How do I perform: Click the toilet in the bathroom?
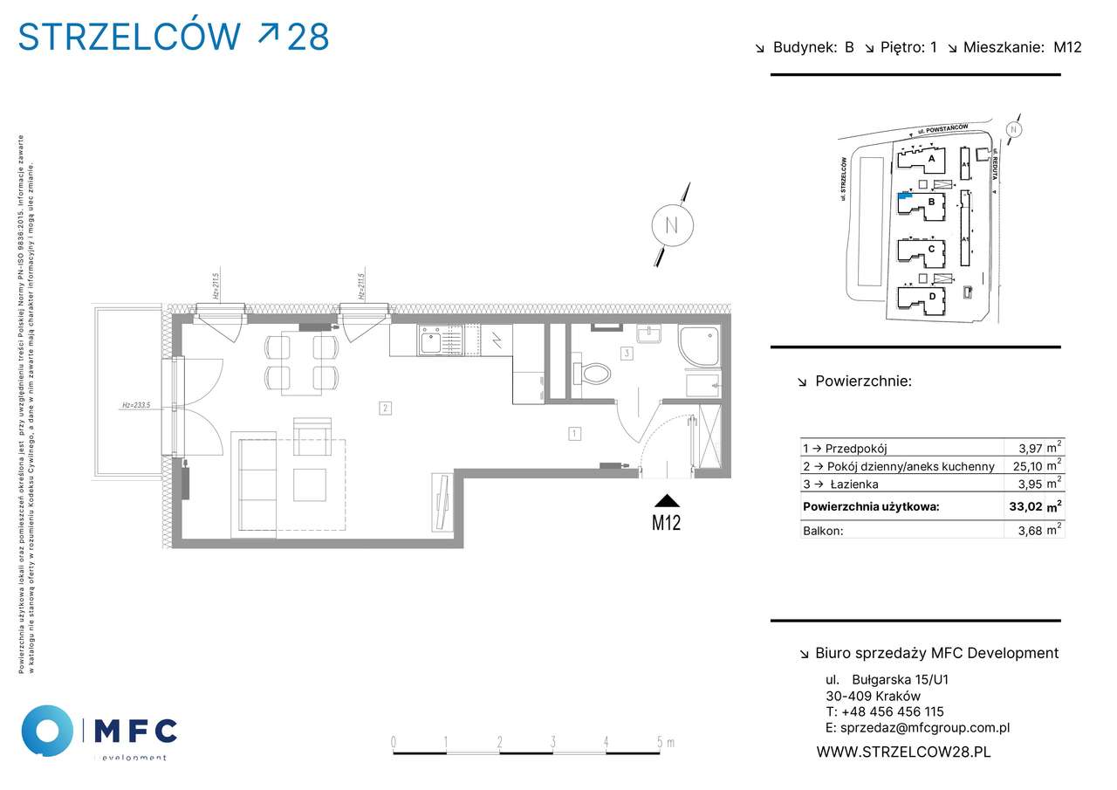coord(595,374)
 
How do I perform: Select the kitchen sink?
coord(432,340)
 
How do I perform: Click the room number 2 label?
coord(385,407)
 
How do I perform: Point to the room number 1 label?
coord(574,432)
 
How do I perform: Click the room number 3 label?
coord(627,354)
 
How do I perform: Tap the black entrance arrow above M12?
coord(667,500)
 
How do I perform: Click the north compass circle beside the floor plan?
coord(672,223)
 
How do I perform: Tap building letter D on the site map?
coord(932,297)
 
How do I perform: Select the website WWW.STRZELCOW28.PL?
coord(903,751)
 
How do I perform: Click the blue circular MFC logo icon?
coord(47,730)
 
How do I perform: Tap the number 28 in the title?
coord(307,37)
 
